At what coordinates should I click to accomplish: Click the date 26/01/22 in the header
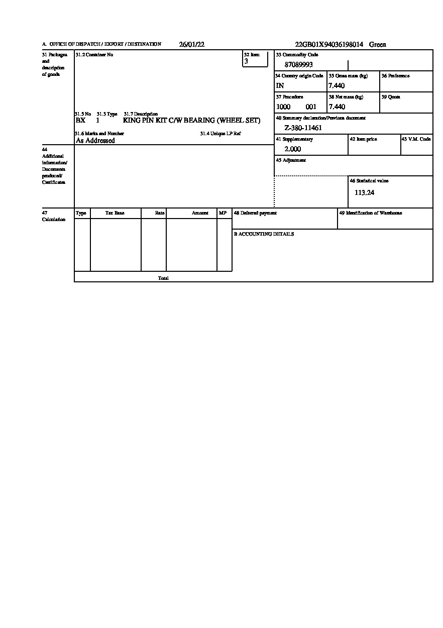pos(191,44)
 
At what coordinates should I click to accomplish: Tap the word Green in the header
pos(378,44)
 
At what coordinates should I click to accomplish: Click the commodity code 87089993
pos(299,64)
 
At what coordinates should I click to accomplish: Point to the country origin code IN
pos(280,85)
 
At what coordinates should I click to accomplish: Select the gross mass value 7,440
pos(337,85)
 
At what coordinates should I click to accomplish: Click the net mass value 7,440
pos(337,107)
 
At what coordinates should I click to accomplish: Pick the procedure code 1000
pos(283,107)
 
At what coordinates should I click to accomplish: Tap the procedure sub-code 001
pos(311,107)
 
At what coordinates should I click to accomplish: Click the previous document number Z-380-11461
pos(303,128)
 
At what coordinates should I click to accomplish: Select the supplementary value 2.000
pos(293,149)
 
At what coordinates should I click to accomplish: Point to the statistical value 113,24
pos(364,192)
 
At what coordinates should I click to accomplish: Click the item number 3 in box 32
pos(246,61)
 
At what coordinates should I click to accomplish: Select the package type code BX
pos(80,121)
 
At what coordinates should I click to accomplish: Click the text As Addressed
pos(95,141)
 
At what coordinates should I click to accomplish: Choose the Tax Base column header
pos(115,213)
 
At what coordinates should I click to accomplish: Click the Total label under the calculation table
pos(163,278)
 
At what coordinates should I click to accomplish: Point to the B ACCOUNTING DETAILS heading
pos(264,234)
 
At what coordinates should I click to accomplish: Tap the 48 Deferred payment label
pos(255,213)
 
